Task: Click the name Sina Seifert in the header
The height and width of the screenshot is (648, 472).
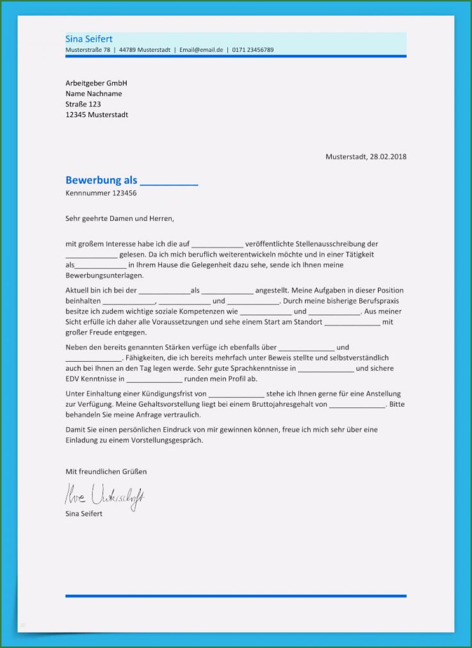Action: coord(89,39)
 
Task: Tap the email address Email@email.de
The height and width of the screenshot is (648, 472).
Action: coord(201,50)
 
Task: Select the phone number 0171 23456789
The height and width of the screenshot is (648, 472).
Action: coord(253,50)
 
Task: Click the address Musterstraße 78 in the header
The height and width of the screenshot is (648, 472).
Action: coord(88,50)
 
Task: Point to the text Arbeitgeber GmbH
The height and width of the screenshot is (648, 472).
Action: coord(96,83)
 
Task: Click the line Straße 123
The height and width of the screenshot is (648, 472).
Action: coord(83,104)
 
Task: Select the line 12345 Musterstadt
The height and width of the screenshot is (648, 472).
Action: coord(97,115)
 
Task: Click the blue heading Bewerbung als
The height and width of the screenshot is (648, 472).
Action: coord(101,180)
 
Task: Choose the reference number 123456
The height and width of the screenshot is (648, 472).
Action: coord(124,193)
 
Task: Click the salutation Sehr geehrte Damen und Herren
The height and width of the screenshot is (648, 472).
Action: coord(120,218)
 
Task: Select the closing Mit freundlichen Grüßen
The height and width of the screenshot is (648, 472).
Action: coord(106,472)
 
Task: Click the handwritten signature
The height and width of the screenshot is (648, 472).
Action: coord(104,496)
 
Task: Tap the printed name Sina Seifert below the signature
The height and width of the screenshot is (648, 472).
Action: coord(84,514)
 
